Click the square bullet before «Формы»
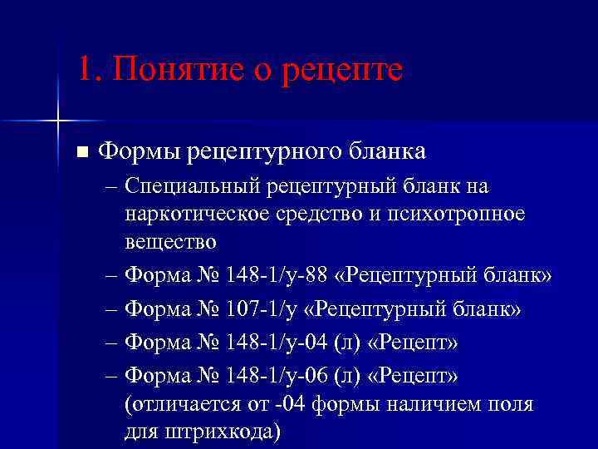(x=81, y=152)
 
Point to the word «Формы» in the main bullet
(x=139, y=151)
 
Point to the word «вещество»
(x=171, y=242)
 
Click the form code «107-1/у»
(x=259, y=308)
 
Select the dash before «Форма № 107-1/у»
(x=113, y=308)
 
